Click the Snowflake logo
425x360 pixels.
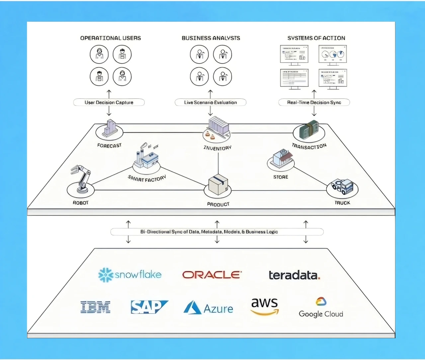(130, 275)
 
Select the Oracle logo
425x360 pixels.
(212, 275)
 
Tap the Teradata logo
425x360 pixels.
(294, 275)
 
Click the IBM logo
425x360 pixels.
(96, 307)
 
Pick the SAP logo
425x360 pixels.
(149, 307)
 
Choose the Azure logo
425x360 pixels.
(208, 308)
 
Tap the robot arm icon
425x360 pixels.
(81, 178)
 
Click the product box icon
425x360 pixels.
(218, 184)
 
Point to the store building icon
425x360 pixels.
(281, 158)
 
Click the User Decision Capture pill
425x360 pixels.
(109, 102)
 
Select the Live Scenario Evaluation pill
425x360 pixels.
(211, 102)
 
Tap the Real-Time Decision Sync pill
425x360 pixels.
(314, 102)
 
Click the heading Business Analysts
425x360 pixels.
(211, 38)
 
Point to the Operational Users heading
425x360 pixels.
(111, 38)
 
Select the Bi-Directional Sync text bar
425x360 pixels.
(217, 232)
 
